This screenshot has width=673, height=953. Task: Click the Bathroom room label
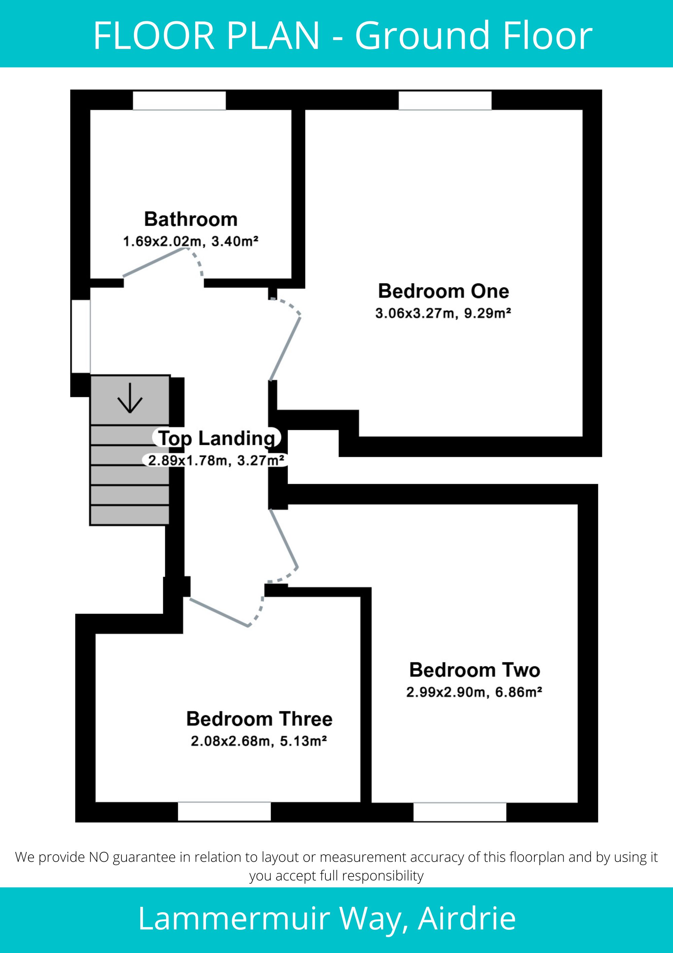191,219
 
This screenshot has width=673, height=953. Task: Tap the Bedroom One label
443,291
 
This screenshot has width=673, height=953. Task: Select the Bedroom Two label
474,670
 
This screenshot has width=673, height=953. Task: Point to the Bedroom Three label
259,719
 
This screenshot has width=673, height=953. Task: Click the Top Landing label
217,438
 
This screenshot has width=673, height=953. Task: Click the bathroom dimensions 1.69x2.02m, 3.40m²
191,241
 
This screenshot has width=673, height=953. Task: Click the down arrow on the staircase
130,398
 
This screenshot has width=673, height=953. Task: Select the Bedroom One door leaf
285,349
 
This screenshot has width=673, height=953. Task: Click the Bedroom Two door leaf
284,538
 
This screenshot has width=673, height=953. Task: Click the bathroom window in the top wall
179,101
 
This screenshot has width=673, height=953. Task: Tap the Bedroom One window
445,101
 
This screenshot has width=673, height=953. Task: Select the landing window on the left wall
81,336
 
